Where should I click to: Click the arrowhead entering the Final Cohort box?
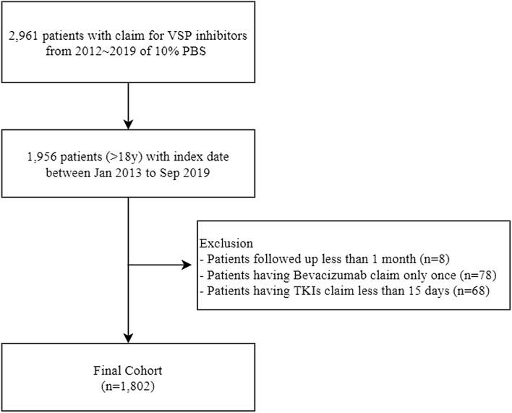127,336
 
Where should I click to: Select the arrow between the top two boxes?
127,106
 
